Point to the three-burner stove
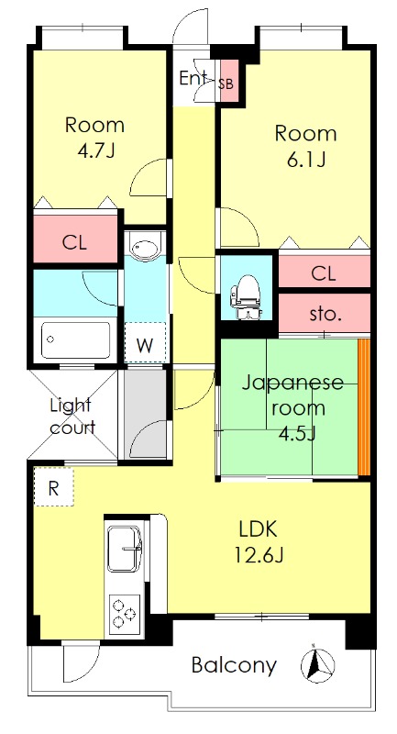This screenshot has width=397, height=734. coord(123,612)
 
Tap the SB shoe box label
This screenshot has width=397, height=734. coord(226,83)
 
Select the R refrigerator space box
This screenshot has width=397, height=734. coord(54,488)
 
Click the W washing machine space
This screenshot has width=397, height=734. coord(145,345)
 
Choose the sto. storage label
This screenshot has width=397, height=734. coord(325,315)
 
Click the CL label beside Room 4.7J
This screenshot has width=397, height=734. coord(75,243)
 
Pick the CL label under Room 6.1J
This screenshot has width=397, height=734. coord(322,272)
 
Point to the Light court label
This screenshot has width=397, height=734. coord(72,416)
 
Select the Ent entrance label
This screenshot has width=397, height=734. coord(194,78)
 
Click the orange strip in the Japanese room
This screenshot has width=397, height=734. coord(363,407)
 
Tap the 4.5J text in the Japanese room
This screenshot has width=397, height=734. coord(292,432)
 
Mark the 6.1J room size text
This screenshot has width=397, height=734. coord(305,161)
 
